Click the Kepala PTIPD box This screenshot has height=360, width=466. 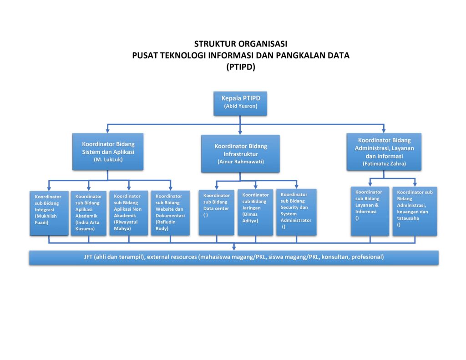tap(240, 102)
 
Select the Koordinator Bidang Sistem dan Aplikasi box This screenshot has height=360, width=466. tap(108, 151)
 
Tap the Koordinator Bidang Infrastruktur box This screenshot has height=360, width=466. tap(241, 153)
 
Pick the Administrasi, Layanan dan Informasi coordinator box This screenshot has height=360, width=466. tap(384, 152)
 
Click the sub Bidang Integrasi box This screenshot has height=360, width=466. tap(49, 213)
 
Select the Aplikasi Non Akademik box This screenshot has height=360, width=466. tap(129, 213)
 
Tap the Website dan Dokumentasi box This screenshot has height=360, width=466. tap(170, 213)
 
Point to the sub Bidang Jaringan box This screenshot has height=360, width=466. tap(255, 212)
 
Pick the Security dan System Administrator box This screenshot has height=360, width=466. tap(296, 212)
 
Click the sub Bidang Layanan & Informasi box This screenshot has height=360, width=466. tap(370, 211)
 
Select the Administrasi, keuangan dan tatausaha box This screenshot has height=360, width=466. tap(415, 211)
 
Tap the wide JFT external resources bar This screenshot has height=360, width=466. tap(234, 257)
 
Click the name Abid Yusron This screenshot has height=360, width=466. tap(240, 106)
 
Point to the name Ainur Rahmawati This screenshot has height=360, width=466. tap(241, 162)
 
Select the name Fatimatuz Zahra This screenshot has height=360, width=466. tap(384, 163)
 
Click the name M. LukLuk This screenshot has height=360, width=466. tap(108, 160)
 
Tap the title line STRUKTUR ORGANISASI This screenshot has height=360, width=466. tap(241, 44)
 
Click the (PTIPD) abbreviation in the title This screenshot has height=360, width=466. tap(241, 67)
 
